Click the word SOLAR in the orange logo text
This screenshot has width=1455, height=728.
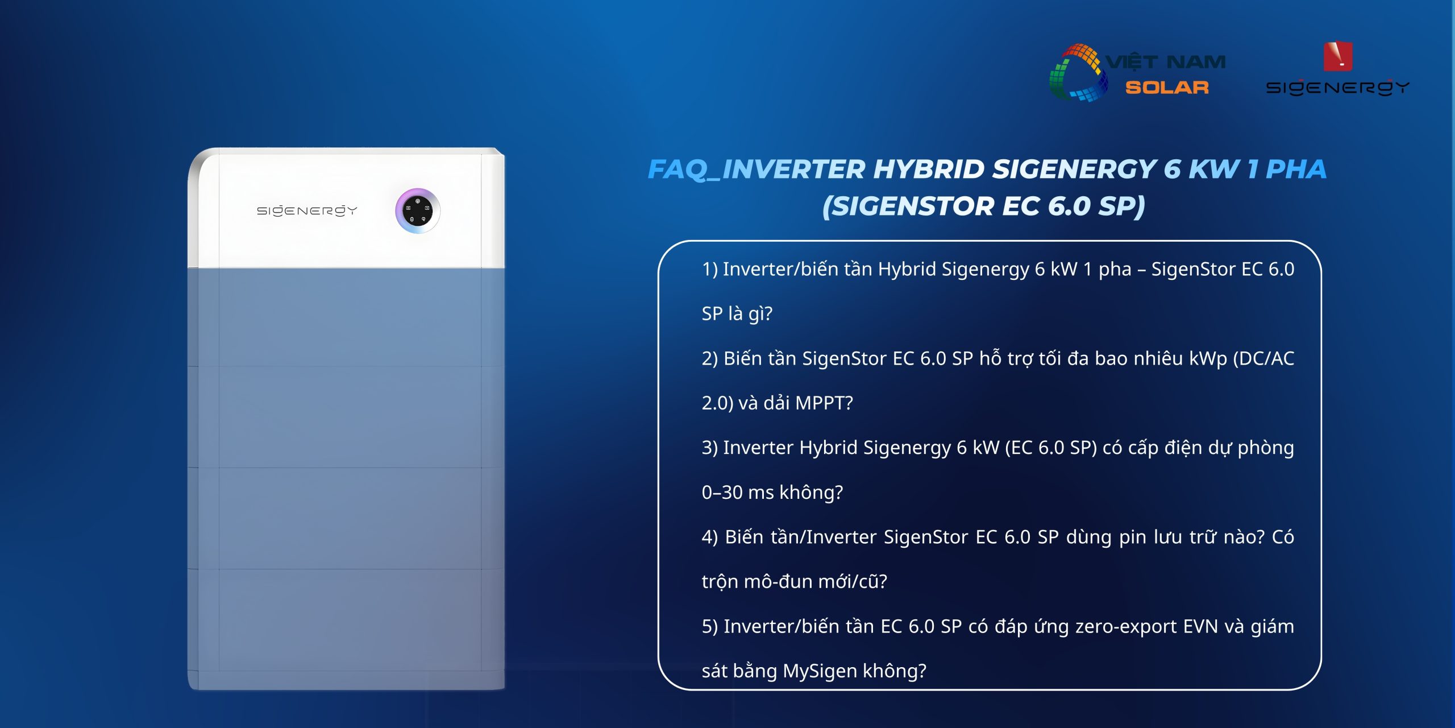(1167, 88)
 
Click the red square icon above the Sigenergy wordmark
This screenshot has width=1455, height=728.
(1338, 56)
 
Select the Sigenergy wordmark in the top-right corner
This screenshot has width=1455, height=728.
(1337, 88)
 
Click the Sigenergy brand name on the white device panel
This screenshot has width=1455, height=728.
(307, 211)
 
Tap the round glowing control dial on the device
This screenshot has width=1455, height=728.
(418, 211)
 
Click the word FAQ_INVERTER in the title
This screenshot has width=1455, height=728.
(756, 169)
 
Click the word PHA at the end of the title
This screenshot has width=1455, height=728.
(1296, 169)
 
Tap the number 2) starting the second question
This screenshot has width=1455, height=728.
(710, 358)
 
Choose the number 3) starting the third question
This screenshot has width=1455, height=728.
(710, 448)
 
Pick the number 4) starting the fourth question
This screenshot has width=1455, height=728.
(710, 537)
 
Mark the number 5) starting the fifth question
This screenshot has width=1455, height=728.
(710, 626)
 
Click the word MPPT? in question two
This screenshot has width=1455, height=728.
(824, 403)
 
